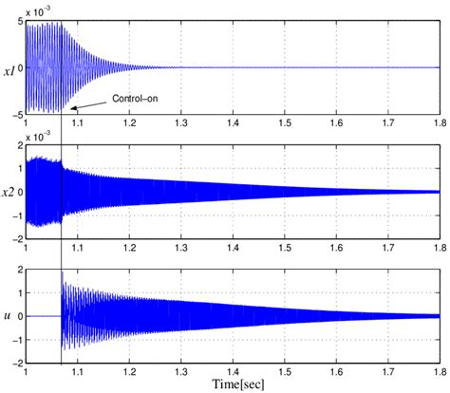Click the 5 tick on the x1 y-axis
(x=20, y=22)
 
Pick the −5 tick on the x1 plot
(x=16, y=115)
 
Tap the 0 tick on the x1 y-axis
(x=20, y=68)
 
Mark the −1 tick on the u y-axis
(x=16, y=340)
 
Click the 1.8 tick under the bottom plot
(x=438, y=372)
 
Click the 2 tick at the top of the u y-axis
(x=20, y=270)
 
